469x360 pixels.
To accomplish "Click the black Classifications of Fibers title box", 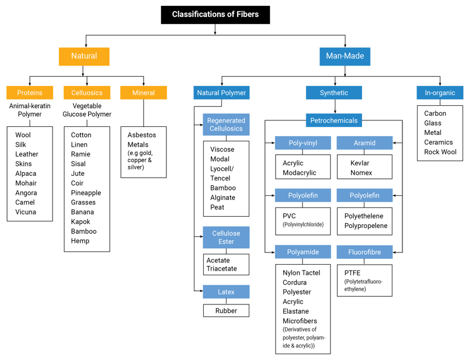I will click(x=215, y=15).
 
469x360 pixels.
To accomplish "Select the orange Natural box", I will click(x=84, y=56).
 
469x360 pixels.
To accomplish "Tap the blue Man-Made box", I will click(x=345, y=56).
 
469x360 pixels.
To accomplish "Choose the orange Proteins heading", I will click(x=29, y=93).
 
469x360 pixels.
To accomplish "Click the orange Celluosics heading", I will click(x=87, y=93).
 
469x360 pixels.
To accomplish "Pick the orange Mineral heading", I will click(x=144, y=93).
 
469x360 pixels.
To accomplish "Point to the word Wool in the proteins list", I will click(x=23, y=135).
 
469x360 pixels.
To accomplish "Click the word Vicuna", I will click(x=26, y=212).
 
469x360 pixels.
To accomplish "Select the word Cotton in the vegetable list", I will click(x=81, y=135).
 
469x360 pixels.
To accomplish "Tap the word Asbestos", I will click(x=142, y=135).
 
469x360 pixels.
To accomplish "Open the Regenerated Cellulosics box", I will click(x=226, y=125).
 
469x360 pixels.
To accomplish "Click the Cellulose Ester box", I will click(x=226, y=237).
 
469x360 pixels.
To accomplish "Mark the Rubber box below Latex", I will click(x=226, y=311).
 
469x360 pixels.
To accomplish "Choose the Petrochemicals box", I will click(x=334, y=121).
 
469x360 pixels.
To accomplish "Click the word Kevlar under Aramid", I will click(x=360, y=164).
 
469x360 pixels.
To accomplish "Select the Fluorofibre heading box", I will click(x=364, y=252).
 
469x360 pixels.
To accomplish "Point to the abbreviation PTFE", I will click(x=353, y=273).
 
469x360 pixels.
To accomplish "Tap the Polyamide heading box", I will click(x=303, y=252).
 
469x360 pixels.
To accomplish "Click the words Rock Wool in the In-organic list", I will click(x=440, y=152).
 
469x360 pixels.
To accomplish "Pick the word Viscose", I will click(x=222, y=150).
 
